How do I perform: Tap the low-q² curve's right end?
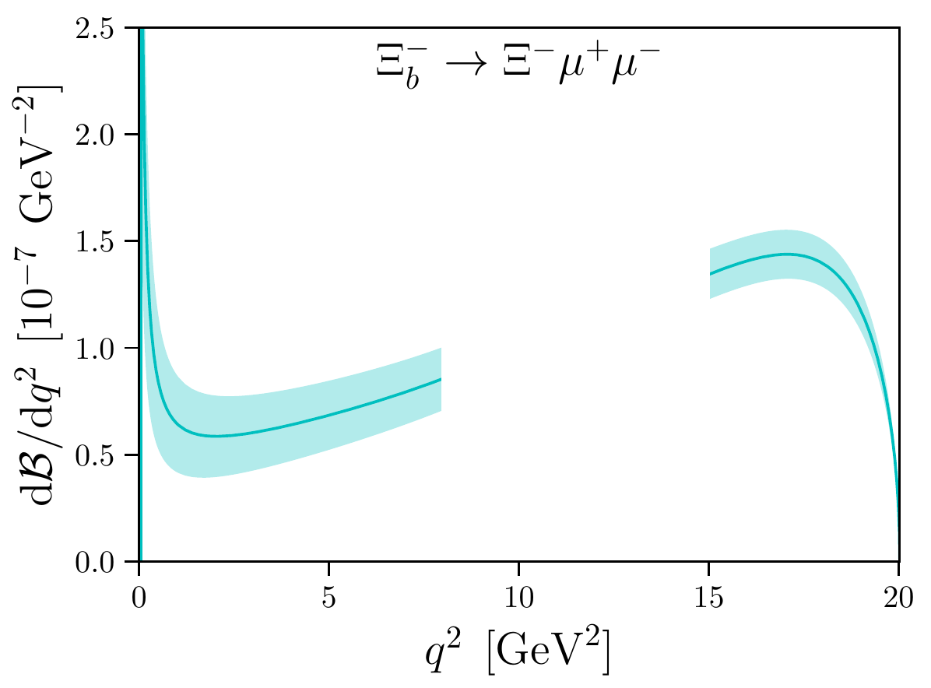pyautogui.click(x=441, y=379)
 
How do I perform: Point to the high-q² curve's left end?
pyautogui.click(x=710, y=274)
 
